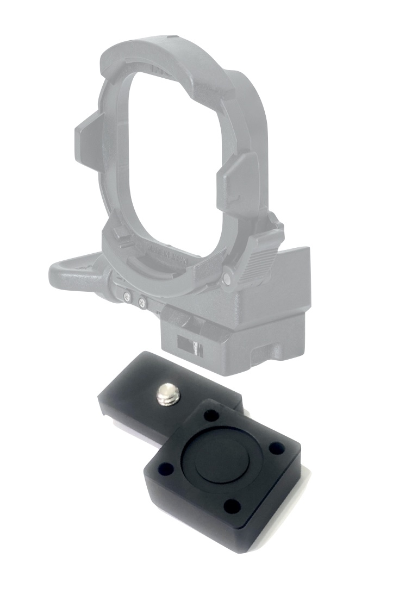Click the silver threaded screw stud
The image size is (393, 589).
pyautogui.click(x=166, y=393)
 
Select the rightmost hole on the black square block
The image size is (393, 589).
pyautogui.click(x=277, y=449)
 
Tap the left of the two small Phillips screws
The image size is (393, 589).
pyautogui.click(x=127, y=297)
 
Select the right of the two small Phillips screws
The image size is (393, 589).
pyautogui.click(x=142, y=303)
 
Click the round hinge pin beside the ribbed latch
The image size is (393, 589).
pyautogui.click(x=227, y=278)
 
